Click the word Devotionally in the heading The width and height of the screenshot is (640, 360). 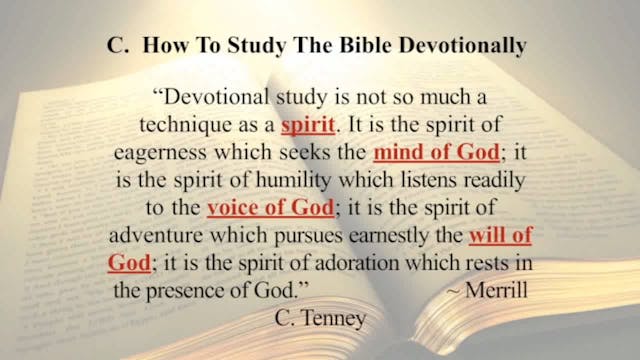(x=467, y=48)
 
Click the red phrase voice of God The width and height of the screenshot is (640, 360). (x=261, y=210)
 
